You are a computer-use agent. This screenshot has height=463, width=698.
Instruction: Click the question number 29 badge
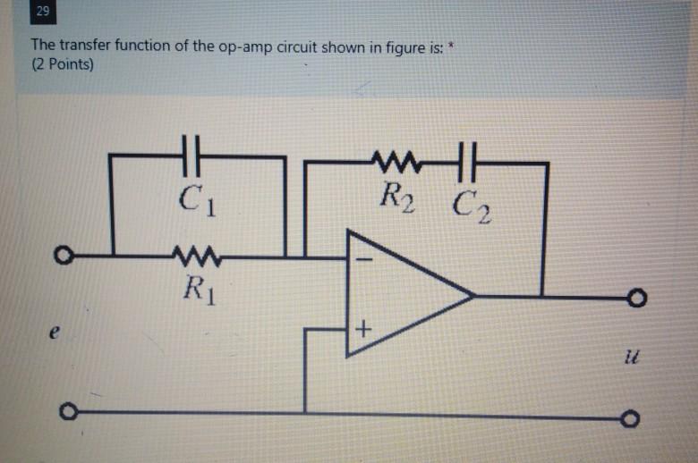point(43,13)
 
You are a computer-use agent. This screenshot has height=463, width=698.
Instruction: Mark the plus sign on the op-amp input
point(362,331)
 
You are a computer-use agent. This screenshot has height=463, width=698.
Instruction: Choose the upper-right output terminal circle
point(634,296)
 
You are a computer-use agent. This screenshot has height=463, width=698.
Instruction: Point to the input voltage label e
point(55,333)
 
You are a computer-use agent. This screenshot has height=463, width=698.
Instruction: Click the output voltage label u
point(636,357)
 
